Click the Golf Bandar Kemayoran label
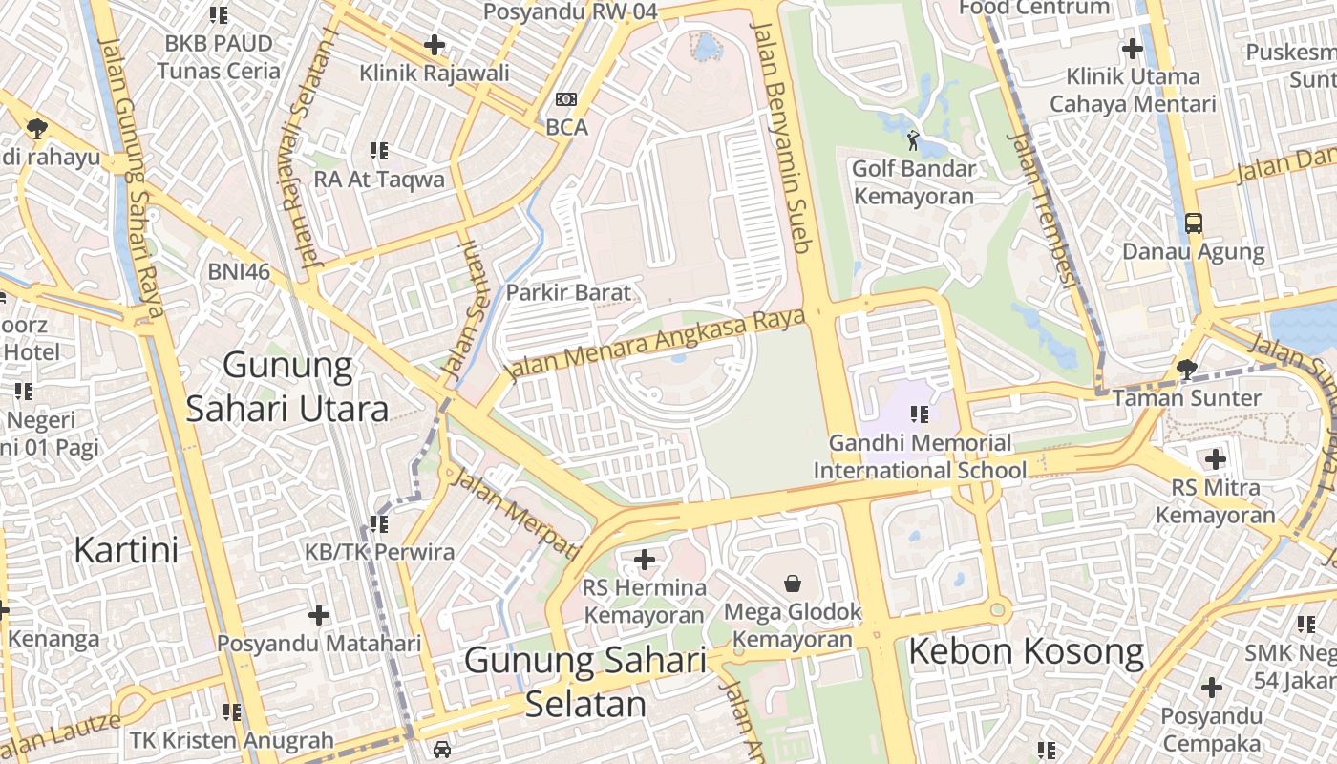coord(914,182)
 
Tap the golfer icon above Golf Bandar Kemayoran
coord(914,140)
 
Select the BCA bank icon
coord(566,99)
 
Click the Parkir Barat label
coord(568,292)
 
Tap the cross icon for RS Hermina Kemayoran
coord(645,559)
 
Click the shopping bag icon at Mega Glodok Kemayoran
coord(793,583)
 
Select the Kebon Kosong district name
coord(1025,652)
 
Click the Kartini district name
coord(126,550)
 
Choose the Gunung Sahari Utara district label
coord(287,387)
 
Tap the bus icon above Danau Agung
coord(1193,223)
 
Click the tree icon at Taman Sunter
coord(1186,369)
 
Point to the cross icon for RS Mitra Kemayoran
coord(1215,459)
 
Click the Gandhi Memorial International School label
coord(920,456)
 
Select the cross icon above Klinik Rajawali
coord(435,44)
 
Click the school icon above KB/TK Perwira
coord(379,524)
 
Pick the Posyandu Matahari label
coord(319,643)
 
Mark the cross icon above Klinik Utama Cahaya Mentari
coord(1133,49)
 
